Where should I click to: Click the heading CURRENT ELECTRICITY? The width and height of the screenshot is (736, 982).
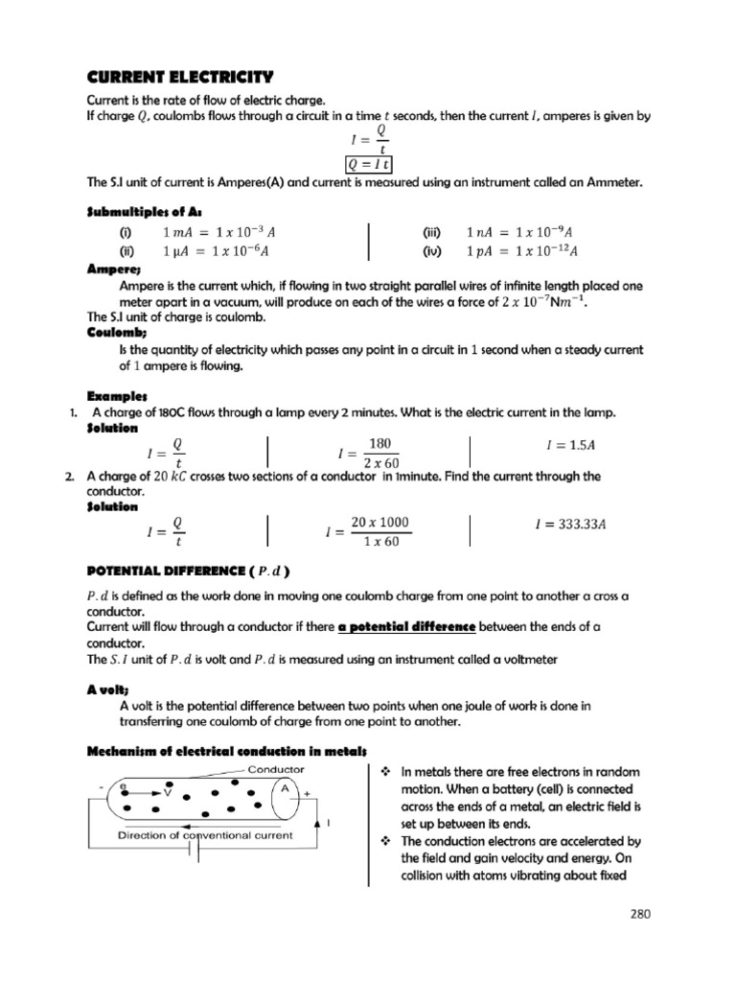pyautogui.click(x=180, y=76)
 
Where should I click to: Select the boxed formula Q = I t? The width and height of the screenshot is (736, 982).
pyautogui.click(x=367, y=165)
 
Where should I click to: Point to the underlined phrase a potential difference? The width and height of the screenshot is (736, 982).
pyautogui.click(x=407, y=626)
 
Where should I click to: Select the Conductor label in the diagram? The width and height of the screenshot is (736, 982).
pyautogui.click(x=276, y=769)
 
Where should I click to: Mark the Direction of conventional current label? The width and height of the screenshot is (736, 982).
pyautogui.click(x=205, y=835)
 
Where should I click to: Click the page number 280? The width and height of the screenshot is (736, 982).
pyautogui.click(x=640, y=914)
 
